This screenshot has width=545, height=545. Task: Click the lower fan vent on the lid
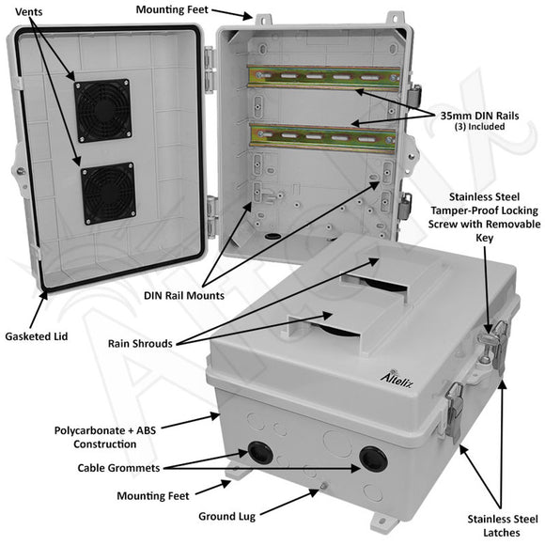pos(106,192)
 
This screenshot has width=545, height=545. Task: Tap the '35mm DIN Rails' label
pos(482,115)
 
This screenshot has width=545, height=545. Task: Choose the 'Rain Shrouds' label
pos(139,344)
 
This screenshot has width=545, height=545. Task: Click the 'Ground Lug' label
pos(227,516)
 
